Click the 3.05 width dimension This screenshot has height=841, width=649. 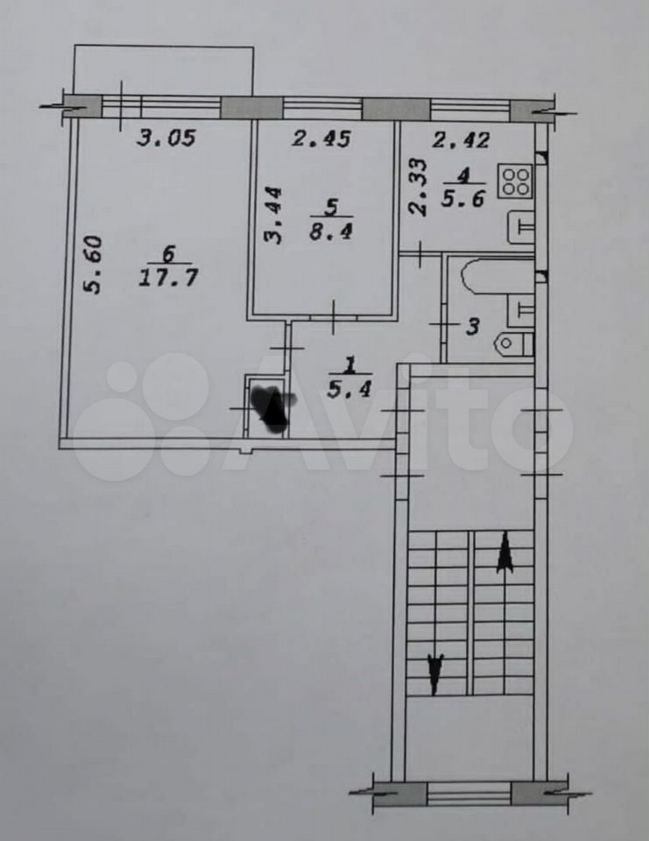tap(166, 138)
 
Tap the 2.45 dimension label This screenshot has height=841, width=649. tap(321, 139)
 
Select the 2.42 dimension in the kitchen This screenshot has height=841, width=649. tap(461, 140)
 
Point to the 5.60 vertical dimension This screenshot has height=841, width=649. tap(92, 265)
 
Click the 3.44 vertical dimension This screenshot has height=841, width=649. tap(273, 216)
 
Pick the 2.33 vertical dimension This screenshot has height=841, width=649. tap(419, 187)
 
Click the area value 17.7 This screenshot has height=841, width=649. tap(168, 278)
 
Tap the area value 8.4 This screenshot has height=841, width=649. tap(331, 231)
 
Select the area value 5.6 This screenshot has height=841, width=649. tap(462, 199)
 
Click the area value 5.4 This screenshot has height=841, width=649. tap(349, 389)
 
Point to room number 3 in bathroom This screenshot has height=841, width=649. tap(472, 326)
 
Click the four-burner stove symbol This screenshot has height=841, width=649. tap(515, 180)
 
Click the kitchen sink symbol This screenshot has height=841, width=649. tap(520, 228)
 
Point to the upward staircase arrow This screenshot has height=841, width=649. tap(504, 553)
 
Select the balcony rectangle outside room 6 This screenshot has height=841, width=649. tap(163, 71)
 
